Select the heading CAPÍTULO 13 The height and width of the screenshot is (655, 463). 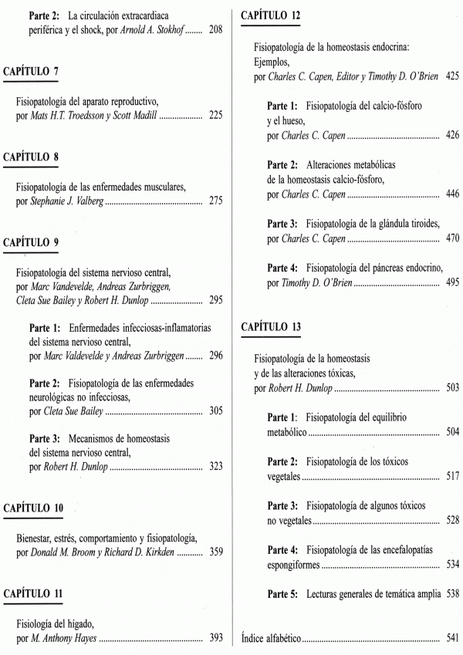(x=271, y=327)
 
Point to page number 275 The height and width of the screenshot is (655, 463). (x=215, y=202)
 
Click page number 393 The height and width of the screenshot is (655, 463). (x=215, y=638)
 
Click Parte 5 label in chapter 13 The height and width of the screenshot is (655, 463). (x=283, y=594)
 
